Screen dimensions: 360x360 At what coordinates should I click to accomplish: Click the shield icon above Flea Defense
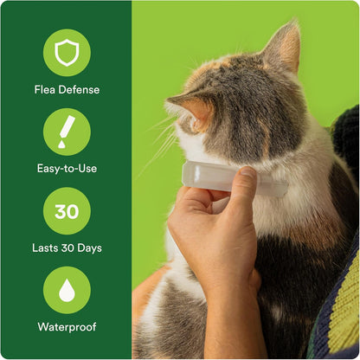tap(67, 53)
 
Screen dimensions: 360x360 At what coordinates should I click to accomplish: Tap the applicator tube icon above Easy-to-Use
tap(67, 132)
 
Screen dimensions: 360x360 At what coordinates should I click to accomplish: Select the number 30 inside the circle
tap(67, 211)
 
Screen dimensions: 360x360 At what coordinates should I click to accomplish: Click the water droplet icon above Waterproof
tap(67, 291)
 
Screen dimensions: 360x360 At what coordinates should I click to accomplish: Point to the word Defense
tap(78, 88)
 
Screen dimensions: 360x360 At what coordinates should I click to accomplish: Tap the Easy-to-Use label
tap(67, 168)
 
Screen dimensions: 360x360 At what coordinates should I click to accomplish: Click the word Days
tap(88, 247)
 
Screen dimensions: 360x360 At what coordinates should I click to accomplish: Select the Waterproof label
tap(67, 327)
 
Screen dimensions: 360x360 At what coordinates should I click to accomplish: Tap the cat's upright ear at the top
tap(286, 48)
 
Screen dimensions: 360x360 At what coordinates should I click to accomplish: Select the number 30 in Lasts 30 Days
tap(67, 247)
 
